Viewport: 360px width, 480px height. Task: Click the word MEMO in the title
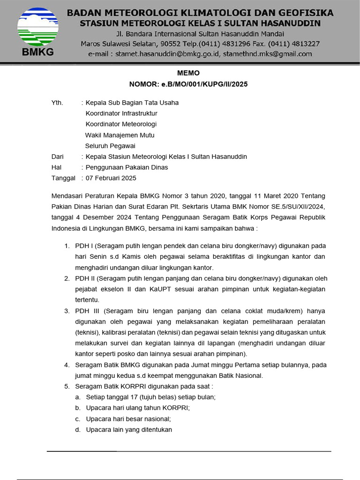pyautogui.click(x=188, y=73)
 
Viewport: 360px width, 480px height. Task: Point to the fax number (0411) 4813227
pyautogui.click(x=294, y=44)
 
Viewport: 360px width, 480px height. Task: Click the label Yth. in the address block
pyautogui.click(x=57, y=103)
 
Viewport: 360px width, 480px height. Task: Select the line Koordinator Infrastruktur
pyautogui.click(x=121, y=113)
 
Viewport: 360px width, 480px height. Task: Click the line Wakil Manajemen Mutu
pyautogui.click(x=120, y=135)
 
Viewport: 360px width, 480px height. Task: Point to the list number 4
pyautogui.click(x=67, y=365)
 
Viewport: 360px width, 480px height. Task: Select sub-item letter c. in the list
pyautogui.click(x=78, y=419)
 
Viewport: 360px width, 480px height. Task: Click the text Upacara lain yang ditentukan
pyautogui.click(x=129, y=429)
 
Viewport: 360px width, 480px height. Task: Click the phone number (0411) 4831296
pyautogui.click(x=225, y=44)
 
